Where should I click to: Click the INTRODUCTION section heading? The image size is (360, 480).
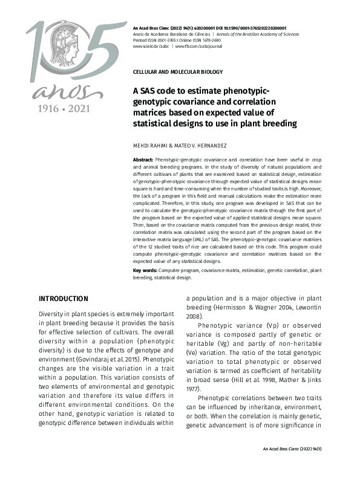63,299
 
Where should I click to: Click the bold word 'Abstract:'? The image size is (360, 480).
143,158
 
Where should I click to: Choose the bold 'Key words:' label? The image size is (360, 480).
144,270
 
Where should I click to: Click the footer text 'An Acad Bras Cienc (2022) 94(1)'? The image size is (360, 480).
292,449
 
